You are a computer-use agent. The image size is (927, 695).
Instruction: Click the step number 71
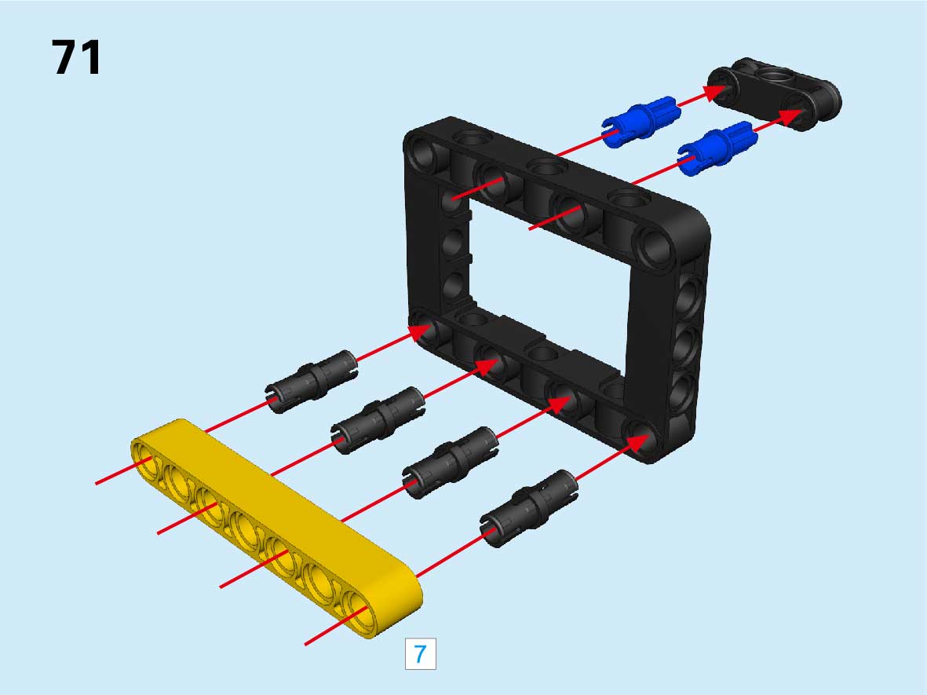(x=76, y=57)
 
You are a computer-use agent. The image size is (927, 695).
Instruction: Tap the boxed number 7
(x=421, y=653)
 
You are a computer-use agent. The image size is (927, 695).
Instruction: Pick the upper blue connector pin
(x=641, y=121)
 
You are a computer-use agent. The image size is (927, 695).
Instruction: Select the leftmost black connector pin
(x=311, y=381)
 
